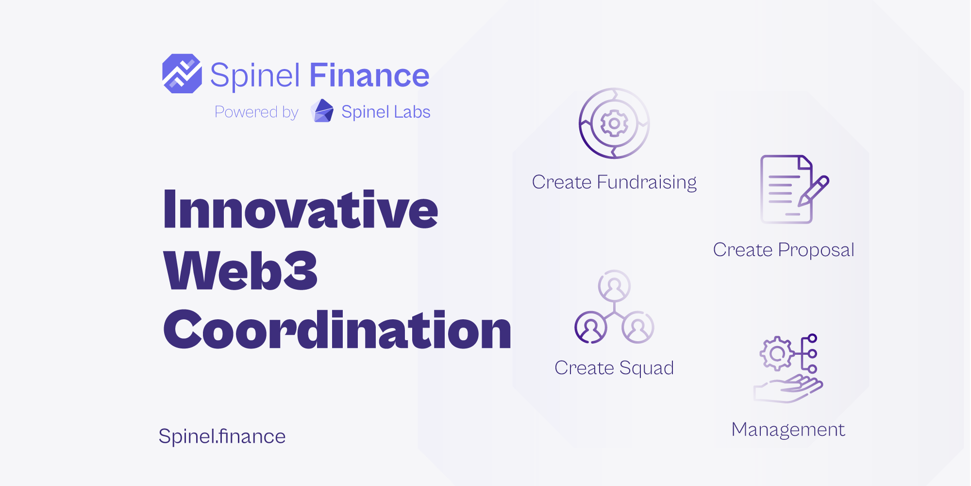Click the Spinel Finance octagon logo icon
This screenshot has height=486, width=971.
(182, 73)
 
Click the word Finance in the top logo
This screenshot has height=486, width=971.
(369, 75)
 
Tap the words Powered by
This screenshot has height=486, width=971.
(256, 112)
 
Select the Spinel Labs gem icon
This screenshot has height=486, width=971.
(322, 111)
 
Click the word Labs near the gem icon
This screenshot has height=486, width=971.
(412, 112)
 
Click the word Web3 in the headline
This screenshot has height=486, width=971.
(241, 270)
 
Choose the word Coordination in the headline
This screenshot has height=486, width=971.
(337, 330)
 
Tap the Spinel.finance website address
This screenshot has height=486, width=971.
(222, 436)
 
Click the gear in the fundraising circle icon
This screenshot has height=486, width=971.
(614, 123)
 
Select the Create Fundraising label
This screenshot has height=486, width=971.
(614, 182)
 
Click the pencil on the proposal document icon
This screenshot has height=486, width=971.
(814, 191)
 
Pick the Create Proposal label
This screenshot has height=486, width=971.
(784, 250)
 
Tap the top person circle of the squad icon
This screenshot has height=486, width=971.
(614, 286)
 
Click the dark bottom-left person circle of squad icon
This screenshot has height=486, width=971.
(591, 327)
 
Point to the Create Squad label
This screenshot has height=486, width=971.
(614, 368)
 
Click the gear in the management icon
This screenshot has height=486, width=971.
(777, 353)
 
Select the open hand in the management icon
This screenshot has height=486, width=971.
(787, 389)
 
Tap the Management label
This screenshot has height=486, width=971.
(788, 430)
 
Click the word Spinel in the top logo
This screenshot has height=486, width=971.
(255, 76)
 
